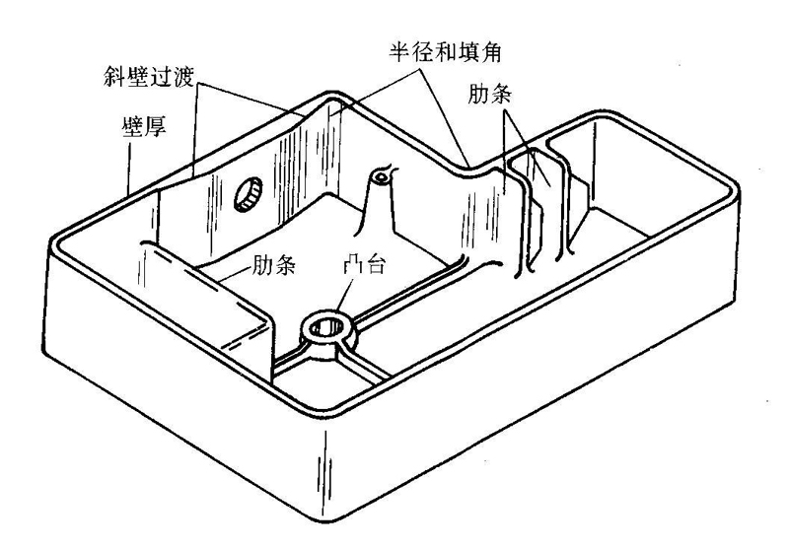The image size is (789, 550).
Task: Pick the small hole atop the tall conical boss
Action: (379, 178)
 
